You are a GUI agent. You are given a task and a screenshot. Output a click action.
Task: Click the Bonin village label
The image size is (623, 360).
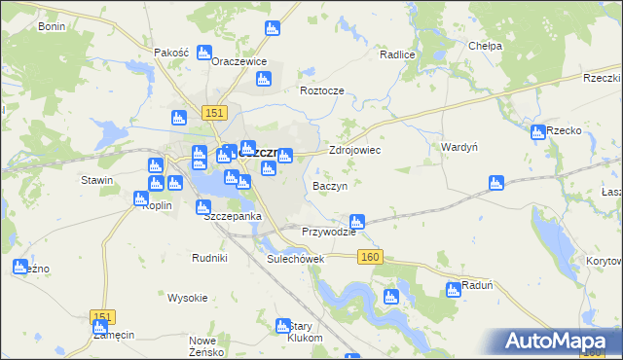pyautogui.click(x=51, y=26)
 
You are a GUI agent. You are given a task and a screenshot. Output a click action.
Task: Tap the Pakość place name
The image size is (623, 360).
pyautogui.click(x=170, y=53)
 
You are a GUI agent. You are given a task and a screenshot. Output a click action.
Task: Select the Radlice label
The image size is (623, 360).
pyautogui.click(x=397, y=55)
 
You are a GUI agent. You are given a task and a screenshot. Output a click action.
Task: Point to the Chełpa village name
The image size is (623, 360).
pyautogui.click(x=485, y=46)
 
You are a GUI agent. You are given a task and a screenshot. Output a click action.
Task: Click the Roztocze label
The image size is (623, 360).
pyautogui.click(x=321, y=90)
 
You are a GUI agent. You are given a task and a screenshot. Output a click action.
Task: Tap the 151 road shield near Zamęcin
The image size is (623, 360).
pyautogui.click(x=102, y=317)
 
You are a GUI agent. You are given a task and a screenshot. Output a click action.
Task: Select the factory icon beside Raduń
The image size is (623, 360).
pyautogui.click(x=453, y=289)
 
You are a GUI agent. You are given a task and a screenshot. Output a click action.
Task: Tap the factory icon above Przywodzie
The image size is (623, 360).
pyautogui.click(x=357, y=222)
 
